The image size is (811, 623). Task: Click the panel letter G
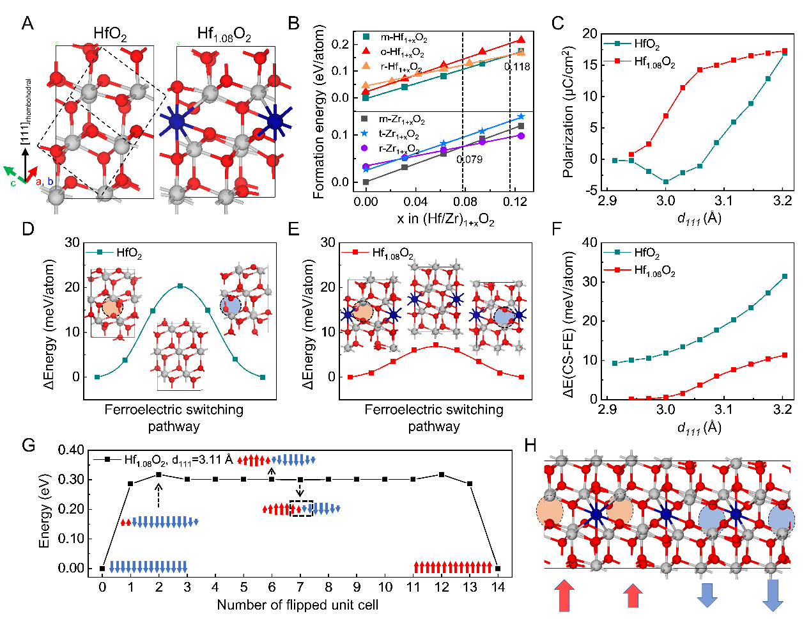(28, 445)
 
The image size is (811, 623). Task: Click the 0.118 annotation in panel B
(517, 67)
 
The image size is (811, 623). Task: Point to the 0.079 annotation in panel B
(469, 159)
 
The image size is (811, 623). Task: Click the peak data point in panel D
(180, 286)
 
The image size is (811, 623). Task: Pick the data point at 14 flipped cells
(498, 568)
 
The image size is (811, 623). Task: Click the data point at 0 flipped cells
(102, 568)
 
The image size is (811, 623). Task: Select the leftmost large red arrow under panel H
(563, 595)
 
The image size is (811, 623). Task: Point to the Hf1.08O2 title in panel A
(224, 35)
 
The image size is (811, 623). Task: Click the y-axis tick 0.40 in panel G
(71, 450)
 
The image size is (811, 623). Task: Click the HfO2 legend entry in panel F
(646, 254)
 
